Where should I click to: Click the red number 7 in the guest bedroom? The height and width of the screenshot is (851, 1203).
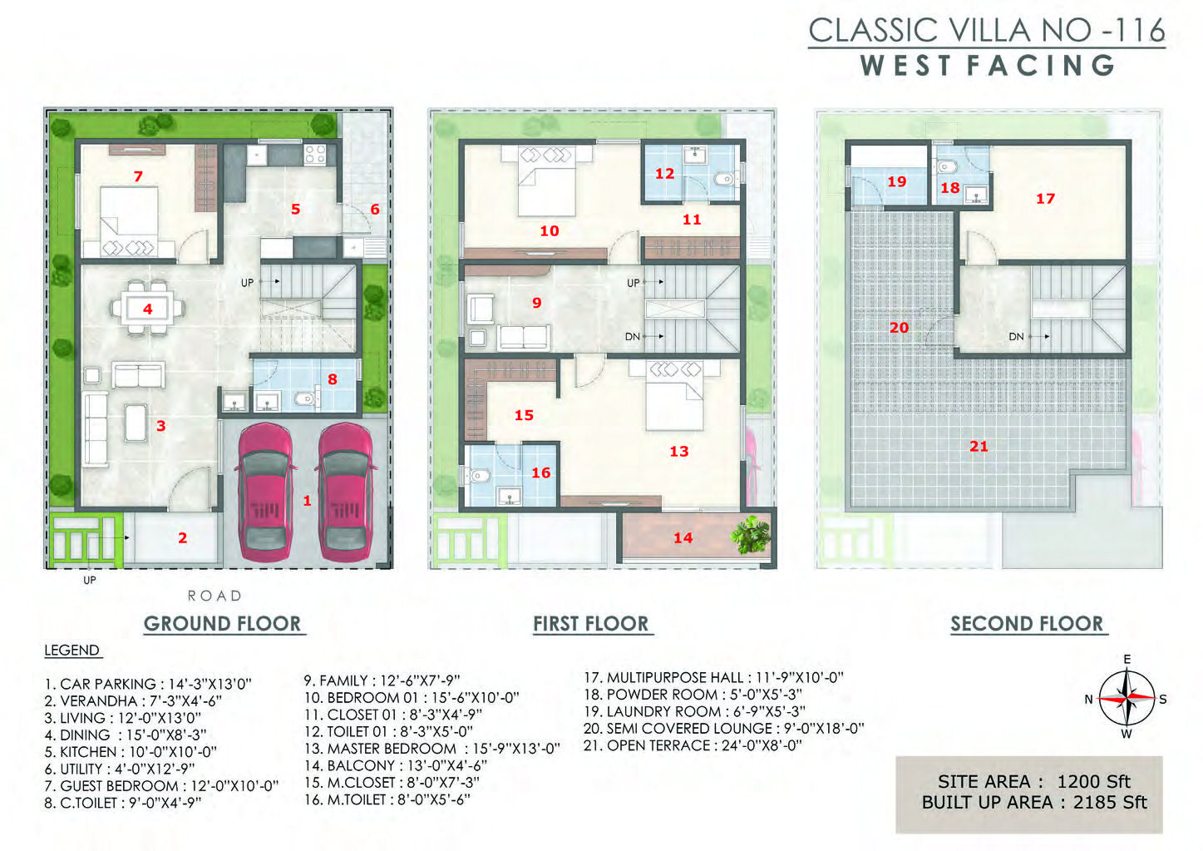tap(138, 176)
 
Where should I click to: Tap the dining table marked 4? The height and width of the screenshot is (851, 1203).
tap(148, 309)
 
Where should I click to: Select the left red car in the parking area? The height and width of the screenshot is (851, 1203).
tap(264, 492)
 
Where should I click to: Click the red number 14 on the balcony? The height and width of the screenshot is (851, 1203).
tap(683, 537)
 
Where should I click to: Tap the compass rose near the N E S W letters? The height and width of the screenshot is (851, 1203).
tap(1127, 697)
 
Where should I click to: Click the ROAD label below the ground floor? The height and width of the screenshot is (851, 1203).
tap(214, 596)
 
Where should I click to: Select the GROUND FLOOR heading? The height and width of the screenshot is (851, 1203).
tap(222, 624)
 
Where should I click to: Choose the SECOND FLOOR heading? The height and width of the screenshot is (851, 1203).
tap(1027, 624)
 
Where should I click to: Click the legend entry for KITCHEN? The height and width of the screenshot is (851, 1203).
tap(131, 752)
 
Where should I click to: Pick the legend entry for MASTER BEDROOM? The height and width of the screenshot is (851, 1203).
tap(431, 749)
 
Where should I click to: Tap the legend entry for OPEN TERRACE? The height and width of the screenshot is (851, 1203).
tap(693, 745)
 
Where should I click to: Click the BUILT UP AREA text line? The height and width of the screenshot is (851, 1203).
tap(1034, 802)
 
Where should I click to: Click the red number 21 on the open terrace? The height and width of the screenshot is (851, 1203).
tap(979, 446)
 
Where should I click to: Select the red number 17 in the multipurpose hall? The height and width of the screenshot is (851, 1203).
tap(1045, 199)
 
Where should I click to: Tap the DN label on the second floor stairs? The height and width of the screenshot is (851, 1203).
tap(1016, 337)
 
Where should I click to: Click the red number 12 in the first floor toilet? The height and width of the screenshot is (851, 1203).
tap(664, 174)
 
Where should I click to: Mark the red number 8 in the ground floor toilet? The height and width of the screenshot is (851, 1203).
tap(333, 379)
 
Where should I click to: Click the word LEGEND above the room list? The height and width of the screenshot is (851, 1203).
tap(72, 650)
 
